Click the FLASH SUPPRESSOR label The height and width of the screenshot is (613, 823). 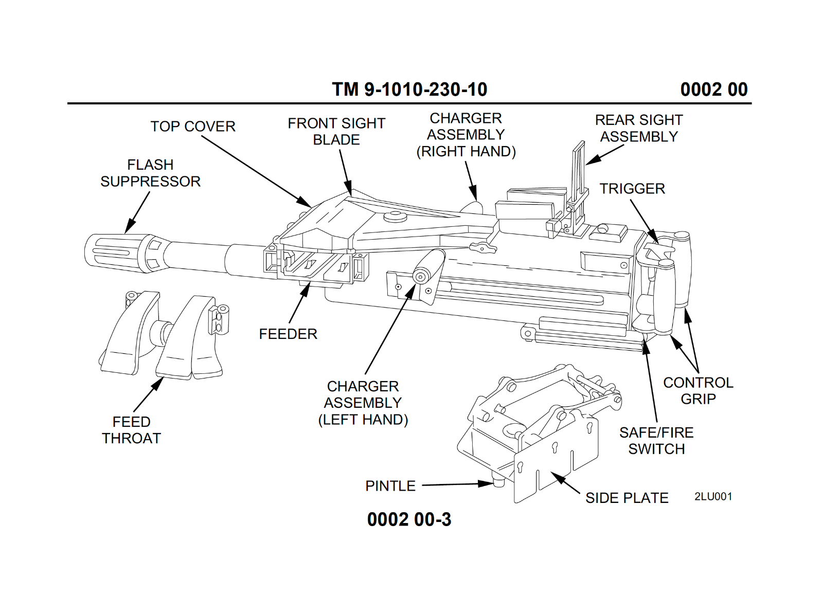tap(150, 173)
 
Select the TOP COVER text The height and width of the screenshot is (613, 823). tap(193, 127)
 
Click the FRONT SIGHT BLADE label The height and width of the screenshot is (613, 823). tap(336, 132)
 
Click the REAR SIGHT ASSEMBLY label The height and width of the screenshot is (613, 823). tap(639, 129)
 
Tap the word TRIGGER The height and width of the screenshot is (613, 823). tap(632, 189)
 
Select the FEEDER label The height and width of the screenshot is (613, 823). tap(288, 334)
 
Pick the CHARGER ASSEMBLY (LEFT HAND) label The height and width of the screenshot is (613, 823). tap(363, 403)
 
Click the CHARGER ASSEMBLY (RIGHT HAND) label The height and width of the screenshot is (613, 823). tap(466, 135)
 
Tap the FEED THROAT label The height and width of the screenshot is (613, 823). tap(132, 430)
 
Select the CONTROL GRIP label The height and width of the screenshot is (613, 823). tap(698, 391)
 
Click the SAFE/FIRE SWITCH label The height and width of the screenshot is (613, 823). tap(656, 441)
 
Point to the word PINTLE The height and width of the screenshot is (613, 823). tap(390, 486)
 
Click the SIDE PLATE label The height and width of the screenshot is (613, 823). tap(627, 498)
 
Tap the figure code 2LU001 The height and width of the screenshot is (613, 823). tap(713, 497)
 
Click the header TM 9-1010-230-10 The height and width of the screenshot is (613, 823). tap(409, 89)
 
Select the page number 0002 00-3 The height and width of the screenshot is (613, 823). tap(409, 519)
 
